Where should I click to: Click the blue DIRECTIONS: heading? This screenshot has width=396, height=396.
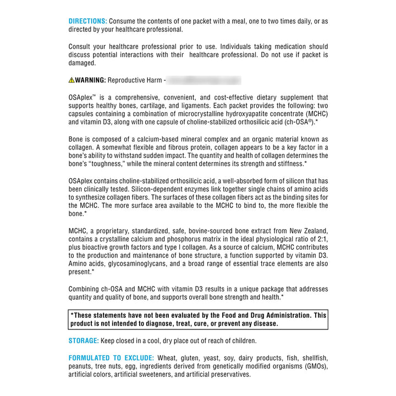click(87, 21)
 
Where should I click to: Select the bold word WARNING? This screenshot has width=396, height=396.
click(90, 80)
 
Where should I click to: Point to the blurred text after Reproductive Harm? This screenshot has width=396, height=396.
click(204, 80)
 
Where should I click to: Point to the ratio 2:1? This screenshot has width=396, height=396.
click(321, 239)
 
